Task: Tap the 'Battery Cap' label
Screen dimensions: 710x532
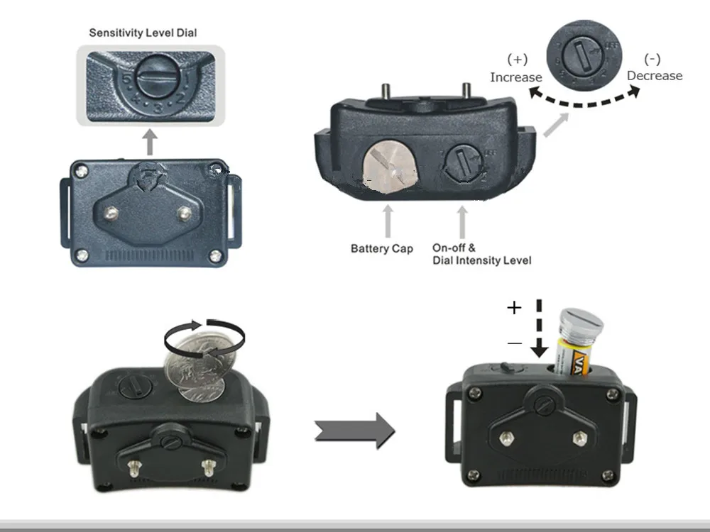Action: pos(381,248)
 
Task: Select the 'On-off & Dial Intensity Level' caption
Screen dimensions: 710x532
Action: pos(481,254)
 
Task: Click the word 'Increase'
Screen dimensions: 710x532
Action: pos(515,77)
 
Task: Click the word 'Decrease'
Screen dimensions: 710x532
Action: pos(654,75)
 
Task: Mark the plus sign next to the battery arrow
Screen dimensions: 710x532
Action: pos(514,307)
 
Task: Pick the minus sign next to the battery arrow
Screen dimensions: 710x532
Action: pos(514,343)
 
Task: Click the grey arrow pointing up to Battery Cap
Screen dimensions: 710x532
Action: pos(387,220)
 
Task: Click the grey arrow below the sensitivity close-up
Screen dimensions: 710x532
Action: pos(149,143)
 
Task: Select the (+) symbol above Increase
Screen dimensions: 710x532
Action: pos(516,60)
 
